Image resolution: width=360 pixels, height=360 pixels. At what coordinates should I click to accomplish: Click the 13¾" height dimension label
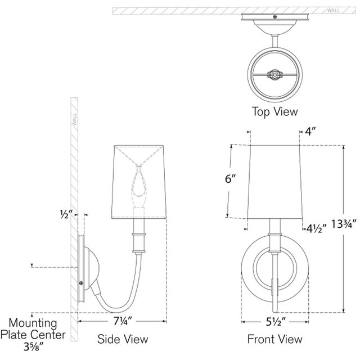pyautogui.click(x=344, y=224)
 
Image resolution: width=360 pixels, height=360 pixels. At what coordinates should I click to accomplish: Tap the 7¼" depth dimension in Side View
pyautogui.click(x=123, y=321)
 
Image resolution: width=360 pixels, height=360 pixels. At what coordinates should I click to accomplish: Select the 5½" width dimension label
pyautogui.click(x=276, y=322)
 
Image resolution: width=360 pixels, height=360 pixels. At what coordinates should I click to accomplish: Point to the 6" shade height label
pyautogui.click(x=230, y=179)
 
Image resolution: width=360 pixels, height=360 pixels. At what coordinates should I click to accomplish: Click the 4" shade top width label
pyautogui.click(x=310, y=132)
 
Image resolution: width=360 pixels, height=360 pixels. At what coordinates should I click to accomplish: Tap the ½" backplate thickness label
pyautogui.click(x=66, y=214)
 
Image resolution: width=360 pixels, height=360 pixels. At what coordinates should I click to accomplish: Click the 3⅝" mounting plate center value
pyautogui.click(x=34, y=346)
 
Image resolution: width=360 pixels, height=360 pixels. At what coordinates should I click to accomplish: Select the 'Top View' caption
pyautogui.click(x=275, y=111)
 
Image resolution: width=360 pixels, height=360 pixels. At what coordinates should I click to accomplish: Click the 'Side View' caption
pyautogui.click(x=123, y=339)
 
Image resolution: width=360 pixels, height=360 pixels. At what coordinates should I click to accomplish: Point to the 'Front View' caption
pyautogui.click(x=275, y=339)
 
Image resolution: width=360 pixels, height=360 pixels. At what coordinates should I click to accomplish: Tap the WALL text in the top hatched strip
pyautogui.click(x=334, y=11)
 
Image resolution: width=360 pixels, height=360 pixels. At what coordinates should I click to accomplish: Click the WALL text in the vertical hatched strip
pyautogui.click(x=75, y=119)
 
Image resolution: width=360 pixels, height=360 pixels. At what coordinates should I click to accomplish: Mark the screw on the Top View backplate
pyautogui.click(x=274, y=17)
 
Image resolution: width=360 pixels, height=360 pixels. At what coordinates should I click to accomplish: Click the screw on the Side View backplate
pyautogui.click(x=81, y=283)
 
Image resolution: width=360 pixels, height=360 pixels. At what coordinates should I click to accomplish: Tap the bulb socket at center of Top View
pyautogui.click(x=274, y=74)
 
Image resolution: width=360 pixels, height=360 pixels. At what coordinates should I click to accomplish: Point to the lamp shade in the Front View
pyautogui.click(x=275, y=182)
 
